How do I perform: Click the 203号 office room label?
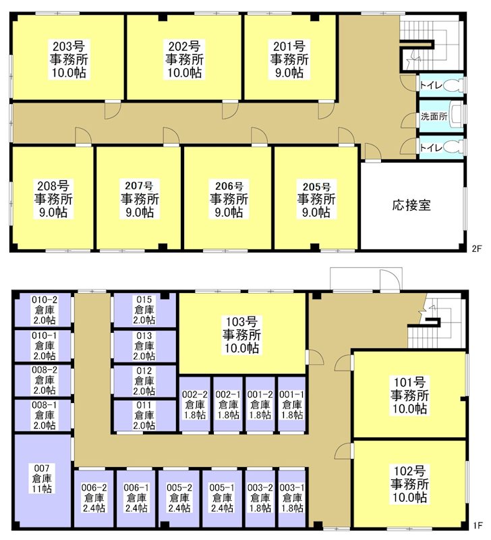pos(68,59)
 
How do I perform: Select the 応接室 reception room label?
pos(411,205)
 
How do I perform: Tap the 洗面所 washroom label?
pos(434,116)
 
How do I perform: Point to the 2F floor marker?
pos(476,248)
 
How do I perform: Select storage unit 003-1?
pos(292,497)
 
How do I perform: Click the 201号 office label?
pos(289,59)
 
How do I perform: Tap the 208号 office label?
pos(53,199)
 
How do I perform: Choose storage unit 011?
pos(144,414)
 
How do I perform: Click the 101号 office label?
pos(409,396)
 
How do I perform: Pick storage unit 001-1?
pos(292,404)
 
